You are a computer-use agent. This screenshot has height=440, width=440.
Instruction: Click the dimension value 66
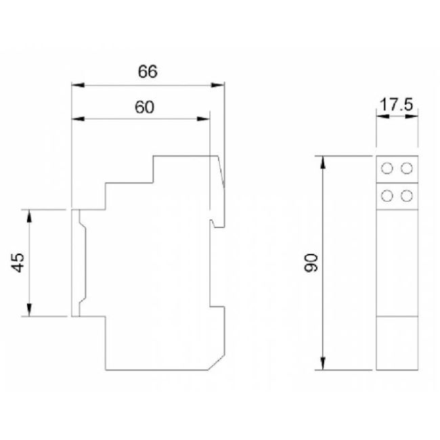(x=148, y=72)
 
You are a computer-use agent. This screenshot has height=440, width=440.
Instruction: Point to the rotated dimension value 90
(x=312, y=263)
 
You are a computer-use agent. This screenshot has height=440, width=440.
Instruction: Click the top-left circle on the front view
(x=389, y=168)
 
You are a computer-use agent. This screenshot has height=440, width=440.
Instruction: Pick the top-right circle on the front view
(x=406, y=168)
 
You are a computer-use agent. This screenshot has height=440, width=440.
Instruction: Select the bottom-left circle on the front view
(x=389, y=196)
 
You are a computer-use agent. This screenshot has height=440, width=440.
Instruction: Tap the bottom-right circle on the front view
(x=406, y=196)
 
